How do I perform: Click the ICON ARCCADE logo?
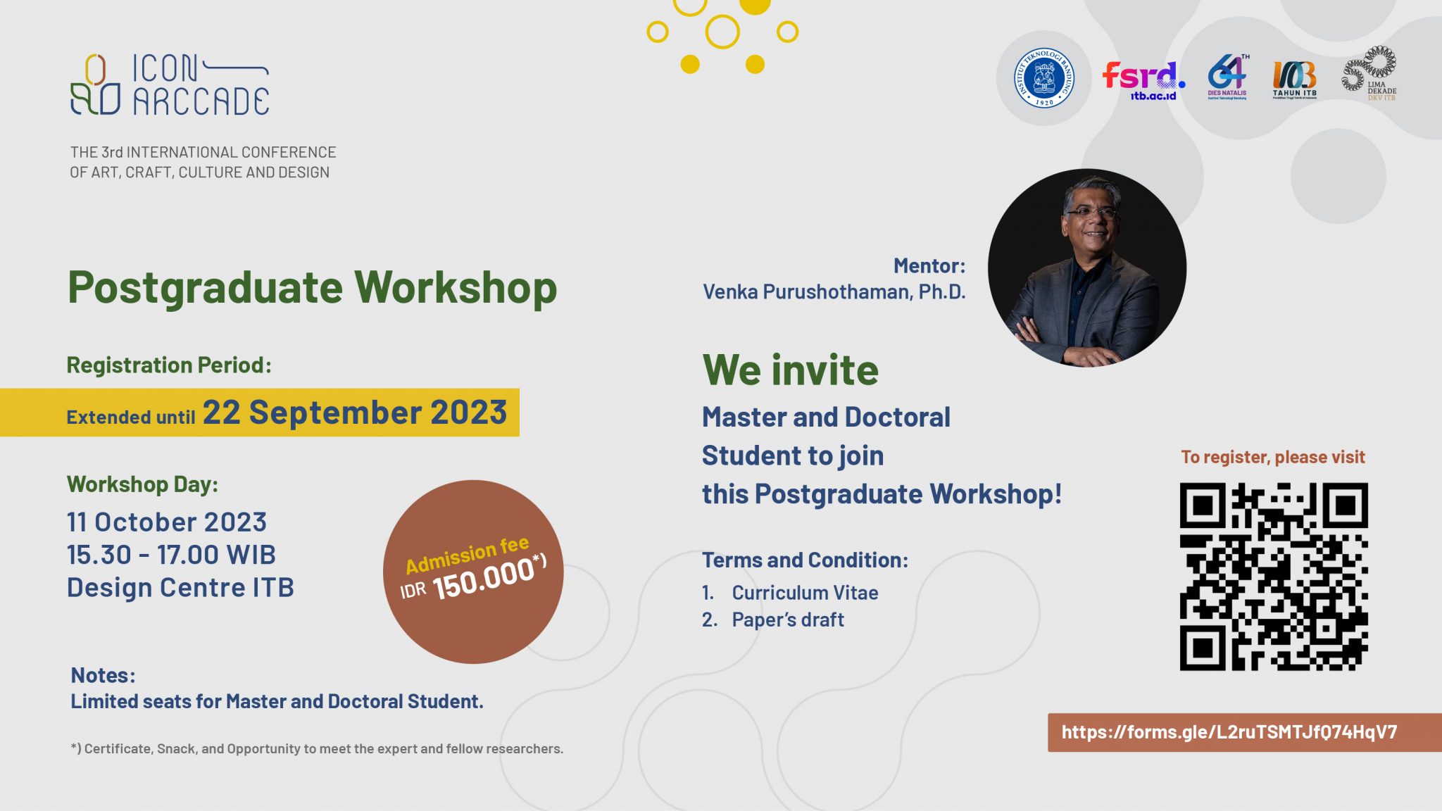pos(170,84)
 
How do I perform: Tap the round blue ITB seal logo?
pos(1043,78)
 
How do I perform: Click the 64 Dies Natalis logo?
pos(1227,77)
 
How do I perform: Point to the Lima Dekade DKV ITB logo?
pos(1369,75)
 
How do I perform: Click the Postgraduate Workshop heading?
pos(312,288)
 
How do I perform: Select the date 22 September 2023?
pos(355,413)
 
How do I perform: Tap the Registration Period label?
pos(169,365)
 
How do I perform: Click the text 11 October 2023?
pos(167,522)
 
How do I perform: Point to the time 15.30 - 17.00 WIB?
pos(171,555)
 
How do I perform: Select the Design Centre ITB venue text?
pos(180,587)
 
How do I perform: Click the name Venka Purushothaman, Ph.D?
pos(834,291)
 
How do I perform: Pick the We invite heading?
pos(790,370)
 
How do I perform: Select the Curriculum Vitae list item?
pos(805,593)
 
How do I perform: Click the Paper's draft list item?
pos(787,620)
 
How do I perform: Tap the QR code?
pos(1274,577)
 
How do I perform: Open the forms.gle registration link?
pos(1229,732)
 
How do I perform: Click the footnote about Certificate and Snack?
pos(317,748)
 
